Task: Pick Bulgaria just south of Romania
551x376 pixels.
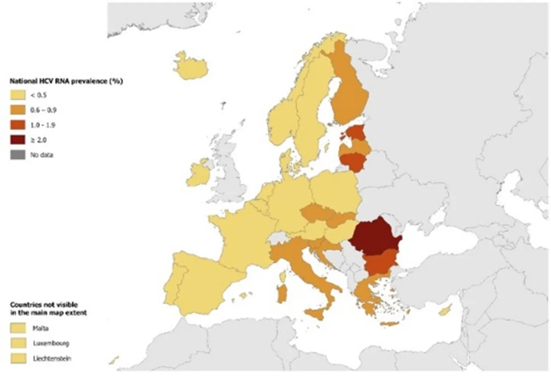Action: [x=381, y=263]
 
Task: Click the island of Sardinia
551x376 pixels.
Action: [x=281, y=294]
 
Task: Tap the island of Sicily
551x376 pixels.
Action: [x=317, y=314]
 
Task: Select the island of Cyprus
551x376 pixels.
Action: [x=445, y=312]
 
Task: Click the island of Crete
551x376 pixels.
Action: [x=389, y=324]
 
